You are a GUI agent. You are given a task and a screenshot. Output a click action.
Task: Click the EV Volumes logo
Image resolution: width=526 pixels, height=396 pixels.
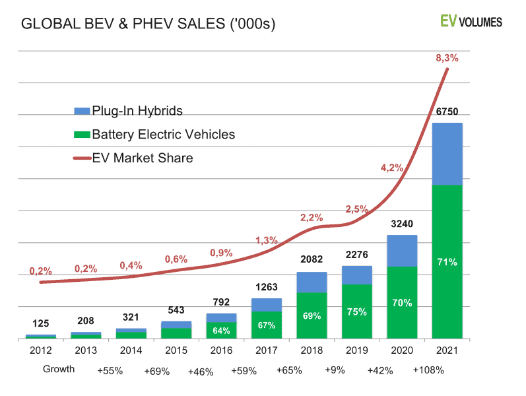(x=471, y=22)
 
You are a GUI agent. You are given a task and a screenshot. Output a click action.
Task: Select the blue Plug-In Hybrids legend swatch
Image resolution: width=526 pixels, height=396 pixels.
(x=82, y=110)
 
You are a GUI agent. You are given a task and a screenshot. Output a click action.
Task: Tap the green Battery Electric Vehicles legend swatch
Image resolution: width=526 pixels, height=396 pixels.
(x=82, y=135)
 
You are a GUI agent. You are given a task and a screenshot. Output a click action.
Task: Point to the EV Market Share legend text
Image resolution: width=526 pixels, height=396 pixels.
(x=142, y=158)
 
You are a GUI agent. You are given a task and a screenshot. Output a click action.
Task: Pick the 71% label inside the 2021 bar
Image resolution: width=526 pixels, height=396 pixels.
(x=447, y=262)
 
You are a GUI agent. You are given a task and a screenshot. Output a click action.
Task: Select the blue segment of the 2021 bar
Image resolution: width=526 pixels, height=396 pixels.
(x=447, y=154)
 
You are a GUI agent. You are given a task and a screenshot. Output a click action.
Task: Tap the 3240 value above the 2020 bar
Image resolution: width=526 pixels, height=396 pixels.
(x=402, y=224)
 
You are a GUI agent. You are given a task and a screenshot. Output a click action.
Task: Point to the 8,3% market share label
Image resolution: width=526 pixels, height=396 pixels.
(x=447, y=58)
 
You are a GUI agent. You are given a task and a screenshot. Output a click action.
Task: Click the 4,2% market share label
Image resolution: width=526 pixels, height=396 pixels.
(x=391, y=167)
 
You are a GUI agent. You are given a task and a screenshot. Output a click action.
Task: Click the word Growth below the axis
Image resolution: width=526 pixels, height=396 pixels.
(x=59, y=369)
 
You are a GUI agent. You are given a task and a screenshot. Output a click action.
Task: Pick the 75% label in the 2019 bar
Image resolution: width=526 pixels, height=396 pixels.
(x=357, y=312)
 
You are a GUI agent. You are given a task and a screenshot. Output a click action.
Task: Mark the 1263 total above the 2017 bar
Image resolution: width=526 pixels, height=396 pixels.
(x=267, y=287)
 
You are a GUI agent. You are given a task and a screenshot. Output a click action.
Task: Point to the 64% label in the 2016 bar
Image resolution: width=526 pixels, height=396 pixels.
(x=222, y=330)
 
